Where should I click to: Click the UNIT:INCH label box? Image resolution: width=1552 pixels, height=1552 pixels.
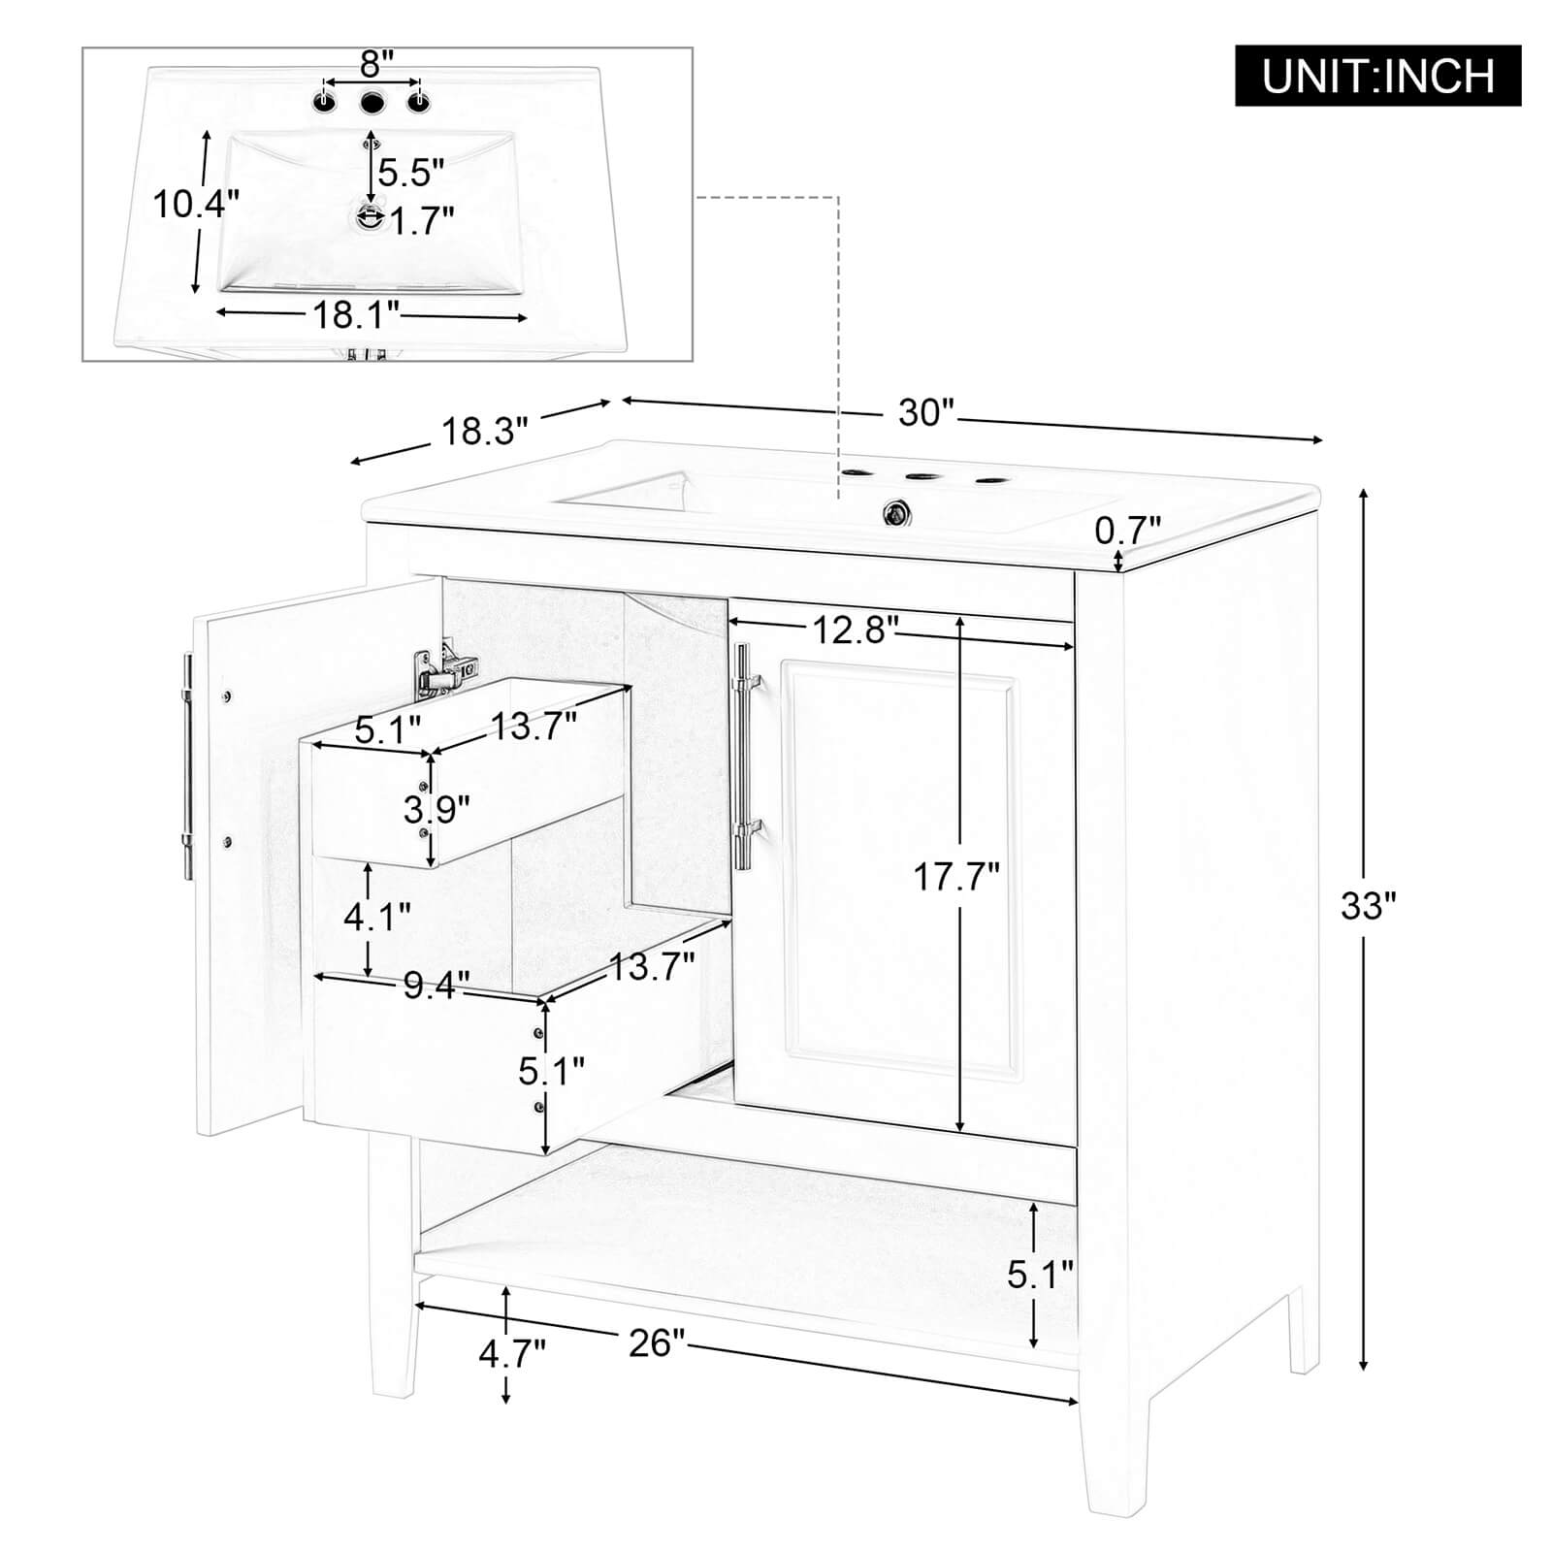click(x=1377, y=76)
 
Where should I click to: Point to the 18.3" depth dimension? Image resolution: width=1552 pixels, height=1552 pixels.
click(x=485, y=430)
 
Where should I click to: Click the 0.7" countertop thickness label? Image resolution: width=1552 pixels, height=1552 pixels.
click(x=1127, y=531)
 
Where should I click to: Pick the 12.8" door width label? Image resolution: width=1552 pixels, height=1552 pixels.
click(x=851, y=631)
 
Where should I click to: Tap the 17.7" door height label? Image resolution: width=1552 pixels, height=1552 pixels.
click(x=955, y=878)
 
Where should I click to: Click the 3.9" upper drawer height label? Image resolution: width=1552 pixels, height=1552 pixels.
click(x=436, y=808)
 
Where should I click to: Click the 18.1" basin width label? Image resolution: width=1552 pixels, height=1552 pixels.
click(x=357, y=313)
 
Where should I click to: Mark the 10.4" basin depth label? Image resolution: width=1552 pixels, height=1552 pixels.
click(x=196, y=204)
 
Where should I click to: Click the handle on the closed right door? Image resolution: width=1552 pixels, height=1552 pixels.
click(x=747, y=757)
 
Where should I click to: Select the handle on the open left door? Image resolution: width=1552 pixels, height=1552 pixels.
click(x=187, y=766)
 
